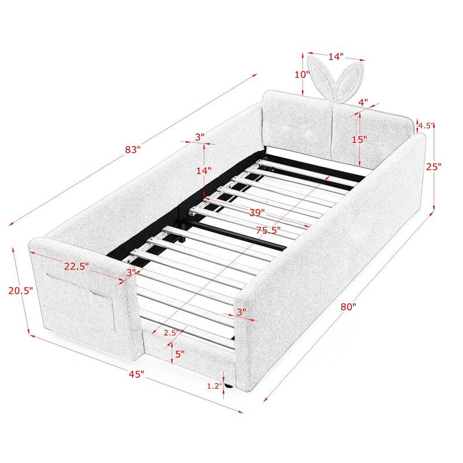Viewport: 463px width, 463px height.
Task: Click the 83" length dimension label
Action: [x=133, y=149]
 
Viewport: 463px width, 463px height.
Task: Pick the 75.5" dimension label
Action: [x=268, y=230]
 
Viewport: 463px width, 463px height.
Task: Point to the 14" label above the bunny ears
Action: [x=336, y=57]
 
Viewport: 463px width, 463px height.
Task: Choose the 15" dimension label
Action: [x=360, y=139]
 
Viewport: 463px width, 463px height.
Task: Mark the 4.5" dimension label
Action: [x=425, y=125]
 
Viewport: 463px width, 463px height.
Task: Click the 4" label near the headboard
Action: [x=363, y=102]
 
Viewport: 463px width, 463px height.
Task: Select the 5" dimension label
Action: [x=179, y=354]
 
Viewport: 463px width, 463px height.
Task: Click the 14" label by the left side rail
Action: [x=203, y=171]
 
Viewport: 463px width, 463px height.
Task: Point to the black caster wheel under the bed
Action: [x=230, y=384]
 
